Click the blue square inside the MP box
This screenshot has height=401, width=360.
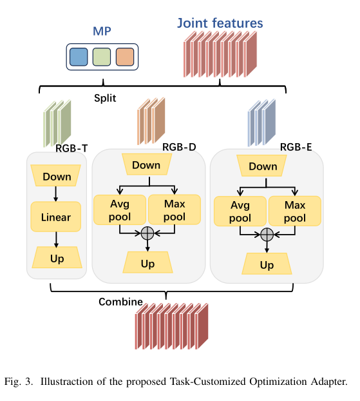[x=79, y=57]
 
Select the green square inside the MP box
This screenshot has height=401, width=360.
[x=102, y=57]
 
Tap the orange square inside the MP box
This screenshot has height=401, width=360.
[x=124, y=57]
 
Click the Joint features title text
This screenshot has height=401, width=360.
[x=220, y=23]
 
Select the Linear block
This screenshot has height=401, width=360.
[x=56, y=217]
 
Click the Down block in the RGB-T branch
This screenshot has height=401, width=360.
[x=56, y=177]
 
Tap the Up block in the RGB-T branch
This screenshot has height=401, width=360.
[x=56, y=259]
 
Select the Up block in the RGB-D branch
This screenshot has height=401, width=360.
[x=147, y=263]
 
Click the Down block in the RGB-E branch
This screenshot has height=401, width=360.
[x=263, y=166]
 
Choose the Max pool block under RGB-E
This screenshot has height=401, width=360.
[x=294, y=212]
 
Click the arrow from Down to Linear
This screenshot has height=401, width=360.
[x=56, y=193]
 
